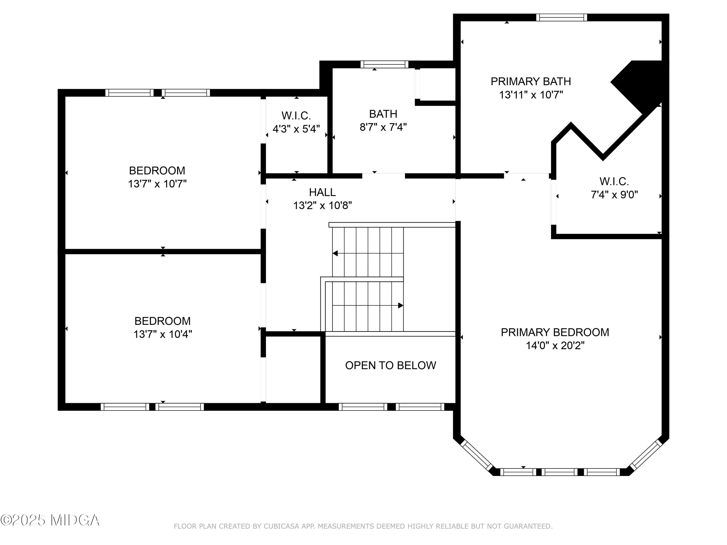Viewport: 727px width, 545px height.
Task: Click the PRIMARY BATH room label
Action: tap(531, 81)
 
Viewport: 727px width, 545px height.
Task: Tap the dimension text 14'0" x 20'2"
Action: tap(555, 346)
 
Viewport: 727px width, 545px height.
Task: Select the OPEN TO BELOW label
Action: tap(390, 365)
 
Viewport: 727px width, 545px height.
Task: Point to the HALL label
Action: tap(322, 192)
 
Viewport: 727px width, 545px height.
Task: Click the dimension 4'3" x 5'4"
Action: tap(296, 129)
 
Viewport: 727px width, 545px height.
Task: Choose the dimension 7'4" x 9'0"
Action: tap(614, 195)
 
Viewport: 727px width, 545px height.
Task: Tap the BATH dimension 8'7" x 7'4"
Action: tap(383, 127)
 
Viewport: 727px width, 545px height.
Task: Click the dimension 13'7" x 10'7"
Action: tap(157, 184)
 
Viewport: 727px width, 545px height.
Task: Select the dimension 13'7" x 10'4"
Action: tap(163, 334)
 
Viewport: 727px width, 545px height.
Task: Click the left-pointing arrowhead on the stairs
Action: tap(335, 253)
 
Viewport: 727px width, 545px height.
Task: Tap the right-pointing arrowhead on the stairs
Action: tap(401, 305)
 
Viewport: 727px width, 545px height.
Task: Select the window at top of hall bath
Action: tap(384, 64)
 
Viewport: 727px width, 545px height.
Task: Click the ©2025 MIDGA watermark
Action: tap(50, 520)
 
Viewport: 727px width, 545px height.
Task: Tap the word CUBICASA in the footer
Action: tap(282, 526)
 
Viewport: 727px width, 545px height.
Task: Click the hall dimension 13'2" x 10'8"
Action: tap(322, 206)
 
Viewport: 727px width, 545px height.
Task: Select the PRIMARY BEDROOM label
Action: tap(555, 333)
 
